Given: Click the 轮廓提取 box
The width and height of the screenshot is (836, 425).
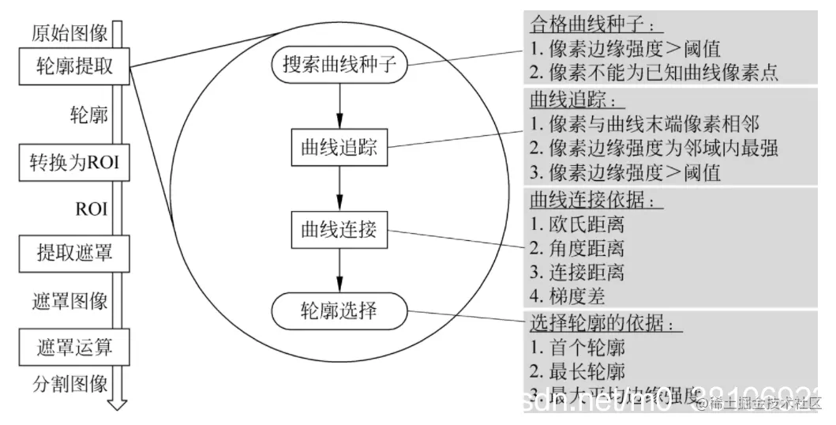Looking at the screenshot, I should click(74, 66).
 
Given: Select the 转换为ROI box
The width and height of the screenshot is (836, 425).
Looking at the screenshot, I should click(74, 164).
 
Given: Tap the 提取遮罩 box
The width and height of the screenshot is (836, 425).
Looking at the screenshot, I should click(74, 254).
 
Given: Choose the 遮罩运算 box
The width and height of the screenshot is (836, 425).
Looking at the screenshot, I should click(74, 345).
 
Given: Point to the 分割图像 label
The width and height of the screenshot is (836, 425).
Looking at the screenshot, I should click(69, 385).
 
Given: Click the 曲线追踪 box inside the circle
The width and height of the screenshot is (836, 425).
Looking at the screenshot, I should click(339, 146).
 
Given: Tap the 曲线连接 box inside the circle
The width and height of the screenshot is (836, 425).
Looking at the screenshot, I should click(339, 230).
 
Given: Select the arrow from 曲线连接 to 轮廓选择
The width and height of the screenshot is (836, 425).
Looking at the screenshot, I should click(339, 272).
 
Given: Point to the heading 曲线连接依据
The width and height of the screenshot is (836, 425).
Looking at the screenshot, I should click(587, 198).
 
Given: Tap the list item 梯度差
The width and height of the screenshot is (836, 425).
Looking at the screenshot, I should click(568, 297).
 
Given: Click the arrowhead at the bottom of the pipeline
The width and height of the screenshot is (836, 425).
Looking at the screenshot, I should click(118, 403).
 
